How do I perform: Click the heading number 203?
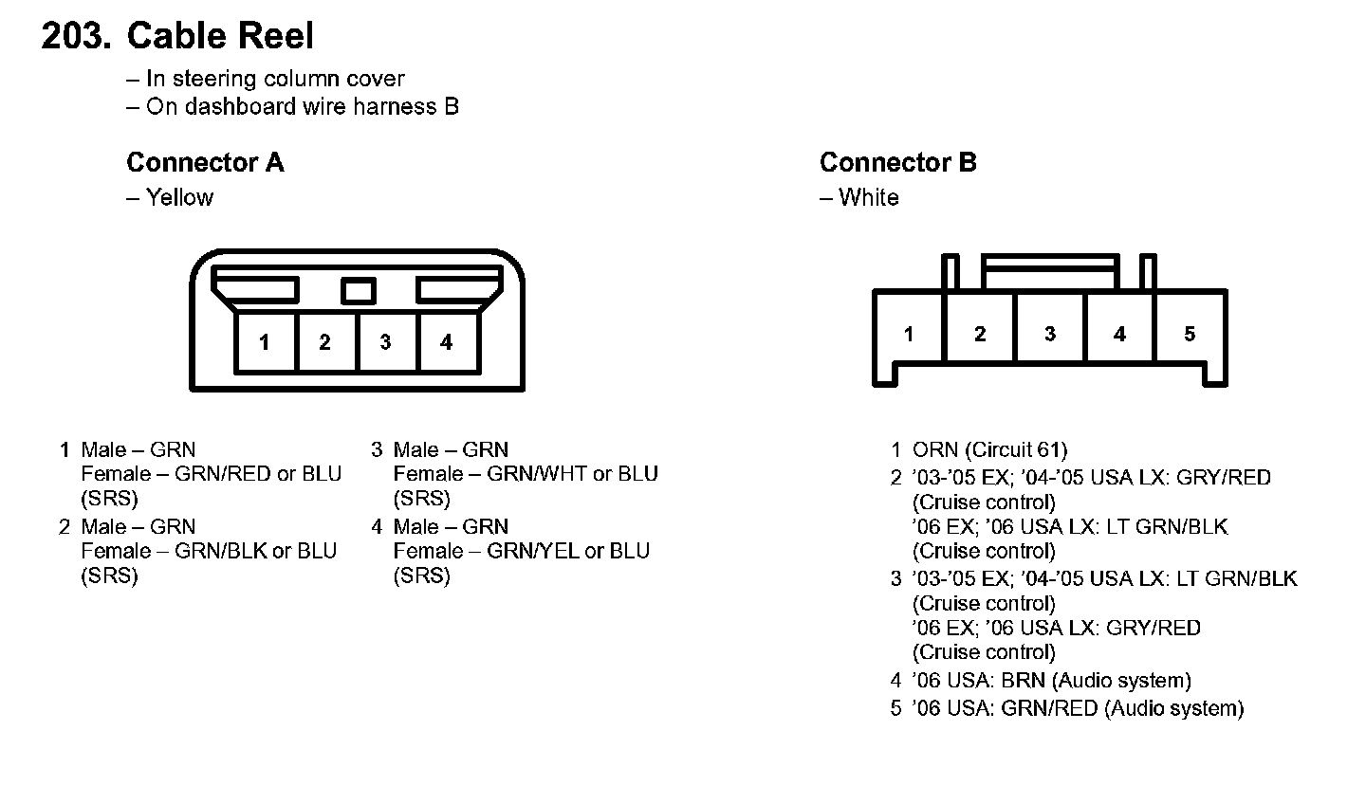76,35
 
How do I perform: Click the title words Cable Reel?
220,35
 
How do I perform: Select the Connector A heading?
205,162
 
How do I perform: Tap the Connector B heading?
897,162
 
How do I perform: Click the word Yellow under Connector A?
180,197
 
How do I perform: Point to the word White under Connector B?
868,197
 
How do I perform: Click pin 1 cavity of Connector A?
266,342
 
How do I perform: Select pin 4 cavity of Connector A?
449,342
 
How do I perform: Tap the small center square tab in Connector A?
358,291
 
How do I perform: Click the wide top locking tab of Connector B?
1050,271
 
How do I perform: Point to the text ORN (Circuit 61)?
989,449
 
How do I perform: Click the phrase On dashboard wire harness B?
303,107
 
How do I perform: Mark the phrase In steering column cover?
276,79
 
